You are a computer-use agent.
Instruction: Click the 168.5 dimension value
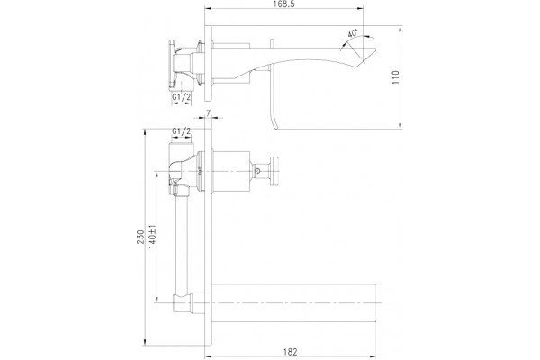point(285,4)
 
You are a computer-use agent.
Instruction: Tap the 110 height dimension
point(395,77)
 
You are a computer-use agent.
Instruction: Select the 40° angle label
point(352,33)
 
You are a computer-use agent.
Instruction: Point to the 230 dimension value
point(140,237)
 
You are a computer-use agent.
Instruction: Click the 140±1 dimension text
point(153,237)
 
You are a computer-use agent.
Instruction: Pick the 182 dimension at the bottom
point(290,352)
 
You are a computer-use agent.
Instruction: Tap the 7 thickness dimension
point(208,113)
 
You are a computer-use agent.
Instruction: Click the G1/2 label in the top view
point(182,97)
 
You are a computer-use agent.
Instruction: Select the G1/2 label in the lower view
point(182,131)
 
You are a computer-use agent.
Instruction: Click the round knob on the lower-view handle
point(274,171)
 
